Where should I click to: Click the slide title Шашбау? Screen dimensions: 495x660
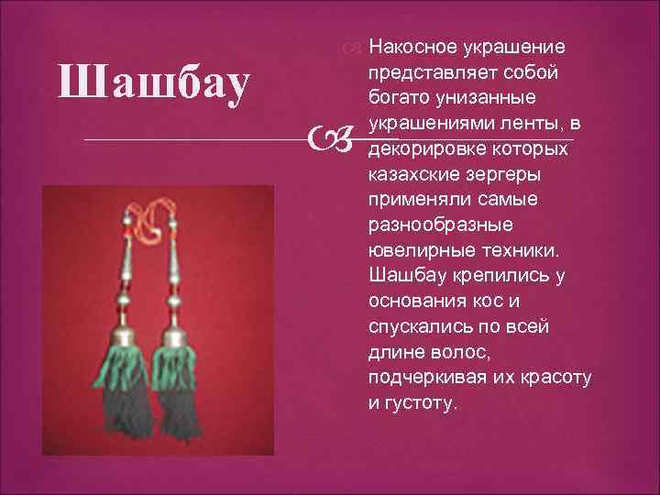pyautogui.click(x=152, y=83)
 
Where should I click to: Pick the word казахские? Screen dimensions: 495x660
pyautogui.click(x=408, y=173)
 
